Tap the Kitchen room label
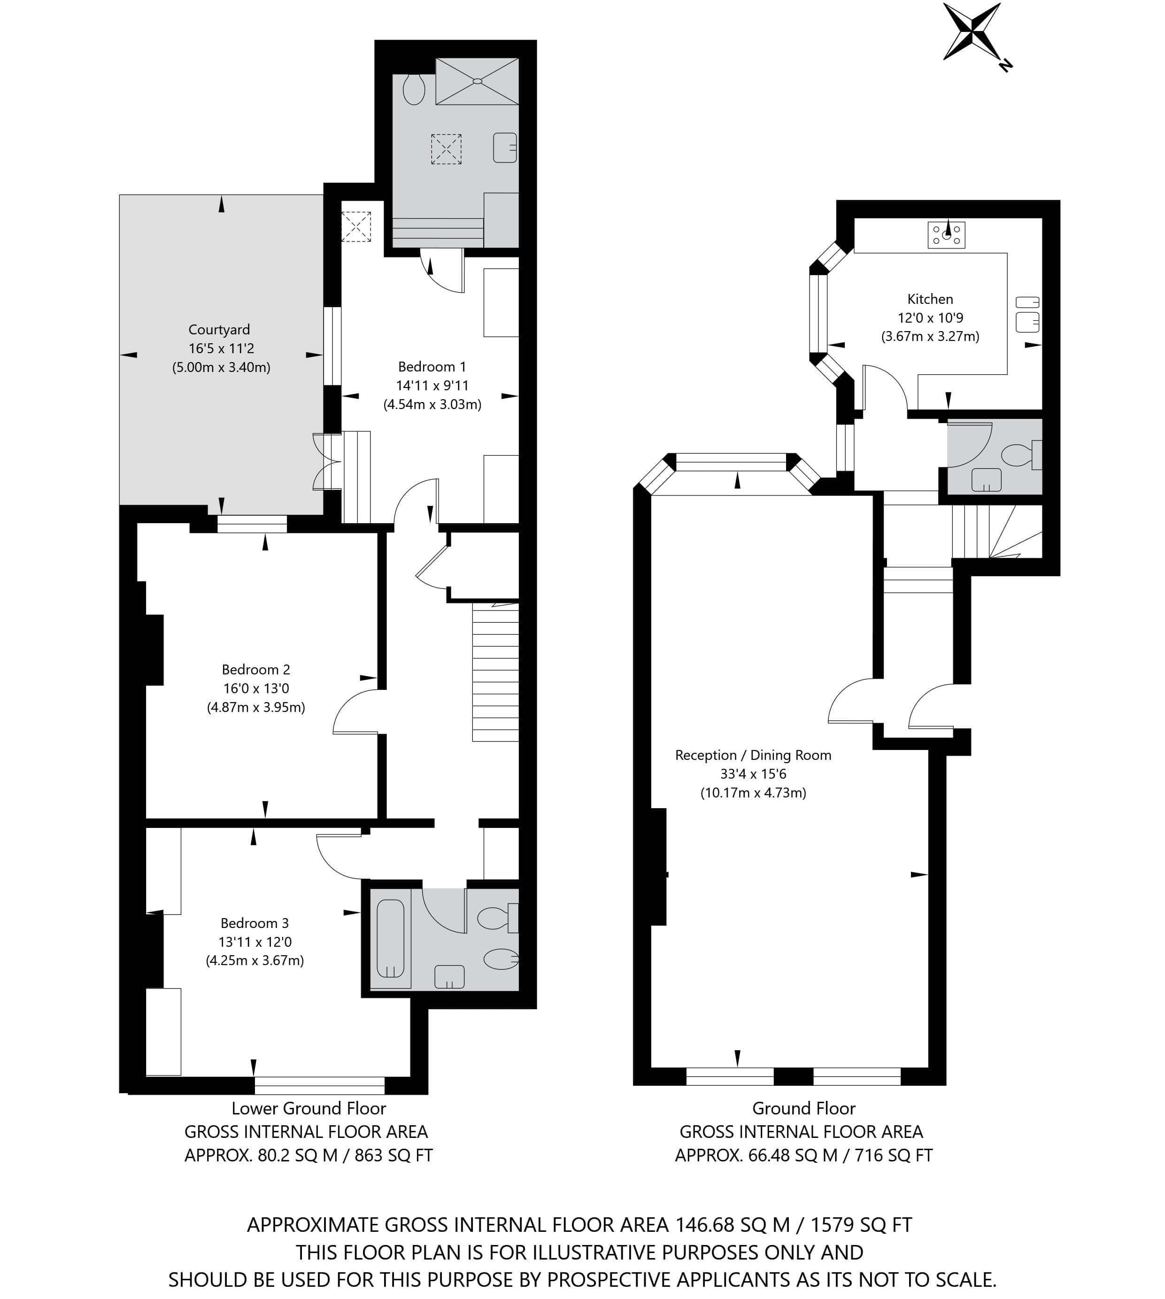[930, 299]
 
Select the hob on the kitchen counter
[946, 235]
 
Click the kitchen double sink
[1027, 314]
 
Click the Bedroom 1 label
[432, 367]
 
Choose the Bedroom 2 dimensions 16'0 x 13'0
[256, 688]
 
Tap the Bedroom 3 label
[255, 923]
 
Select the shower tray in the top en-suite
[477, 81]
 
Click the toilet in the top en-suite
[414, 89]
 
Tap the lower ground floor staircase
[495, 672]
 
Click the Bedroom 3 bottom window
[320, 1085]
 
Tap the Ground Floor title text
[804, 1108]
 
